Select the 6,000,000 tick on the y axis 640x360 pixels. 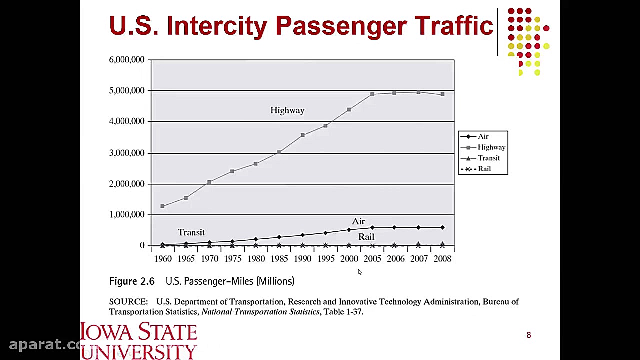click(127, 60)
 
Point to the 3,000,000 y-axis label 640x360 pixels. click(127, 153)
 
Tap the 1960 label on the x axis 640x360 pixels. click(163, 259)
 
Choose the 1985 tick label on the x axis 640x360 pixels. click(279, 259)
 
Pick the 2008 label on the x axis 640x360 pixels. click(442, 259)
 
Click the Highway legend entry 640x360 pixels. click(491, 147)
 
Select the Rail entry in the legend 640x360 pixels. click(484, 169)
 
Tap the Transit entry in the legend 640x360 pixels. click(488, 158)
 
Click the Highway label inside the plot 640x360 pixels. click(287, 110)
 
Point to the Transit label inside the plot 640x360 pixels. click(191, 232)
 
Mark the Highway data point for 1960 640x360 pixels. click(162, 206)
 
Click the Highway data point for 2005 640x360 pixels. click(372, 94)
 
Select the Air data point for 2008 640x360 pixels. click(442, 228)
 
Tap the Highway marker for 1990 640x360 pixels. click(302, 135)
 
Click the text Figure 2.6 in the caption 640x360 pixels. click(132, 281)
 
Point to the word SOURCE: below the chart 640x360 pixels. click(128, 302)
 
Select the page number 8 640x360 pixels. click(529, 335)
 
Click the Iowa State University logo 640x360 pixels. click(139, 341)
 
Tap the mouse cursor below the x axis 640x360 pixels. click(360, 272)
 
